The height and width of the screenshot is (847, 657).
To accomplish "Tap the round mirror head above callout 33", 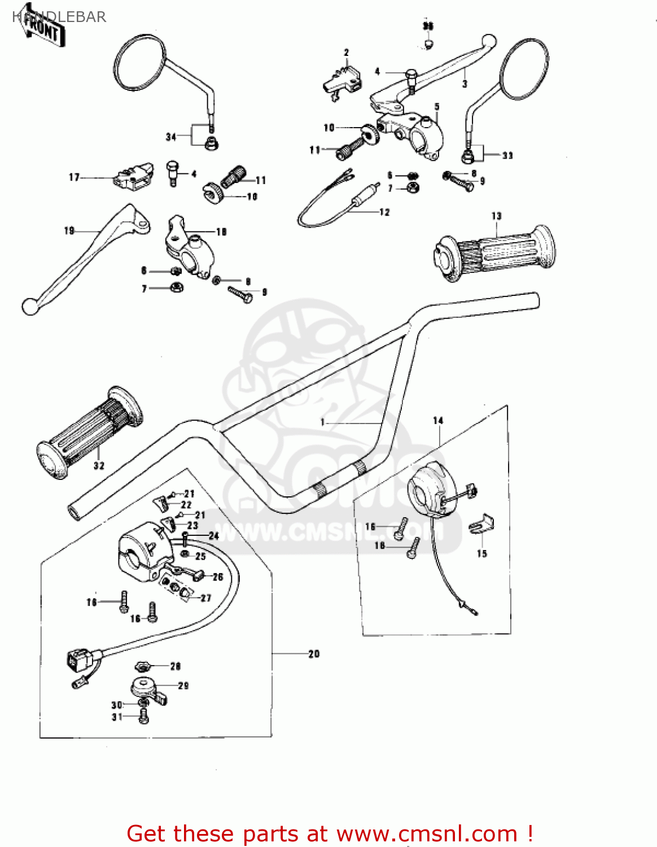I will coord(524,68).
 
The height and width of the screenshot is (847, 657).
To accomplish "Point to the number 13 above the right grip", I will coord(496,216).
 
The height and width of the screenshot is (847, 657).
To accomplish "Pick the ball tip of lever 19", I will coord(29,307).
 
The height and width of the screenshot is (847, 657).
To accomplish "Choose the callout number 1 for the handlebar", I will coord(322,422).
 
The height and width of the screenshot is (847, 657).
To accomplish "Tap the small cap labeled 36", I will coord(428,43).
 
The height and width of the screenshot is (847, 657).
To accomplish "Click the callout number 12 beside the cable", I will coord(384,212).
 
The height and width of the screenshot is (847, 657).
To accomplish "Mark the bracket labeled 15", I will coord(481,525).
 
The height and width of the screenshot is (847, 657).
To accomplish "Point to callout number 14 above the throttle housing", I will coord(438,420).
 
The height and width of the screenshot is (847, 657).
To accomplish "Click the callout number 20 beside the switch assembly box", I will coord(314,654).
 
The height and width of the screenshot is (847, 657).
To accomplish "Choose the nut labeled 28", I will coord(144,666).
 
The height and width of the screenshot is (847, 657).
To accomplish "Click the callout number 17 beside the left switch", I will coord(74,177).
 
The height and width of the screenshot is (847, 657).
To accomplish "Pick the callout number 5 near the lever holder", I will coord(436,107).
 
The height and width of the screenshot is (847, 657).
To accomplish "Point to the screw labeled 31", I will coord(143,717).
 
